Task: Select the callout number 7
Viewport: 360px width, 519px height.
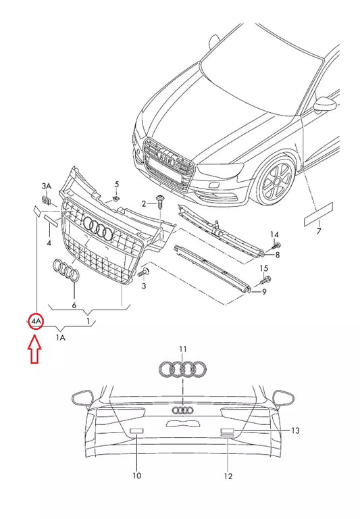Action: click(319, 232)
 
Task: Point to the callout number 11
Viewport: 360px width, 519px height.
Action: click(182, 348)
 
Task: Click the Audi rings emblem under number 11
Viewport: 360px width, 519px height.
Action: click(182, 369)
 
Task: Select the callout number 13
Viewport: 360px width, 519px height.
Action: click(295, 430)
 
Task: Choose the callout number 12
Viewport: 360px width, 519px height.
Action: click(228, 476)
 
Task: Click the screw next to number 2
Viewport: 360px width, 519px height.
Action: click(161, 201)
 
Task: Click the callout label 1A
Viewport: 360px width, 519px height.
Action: click(61, 337)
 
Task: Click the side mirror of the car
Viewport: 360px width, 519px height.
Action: click(328, 103)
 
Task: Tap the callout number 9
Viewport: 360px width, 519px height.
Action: click(265, 291)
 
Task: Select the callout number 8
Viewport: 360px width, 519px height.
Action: click(276, 255)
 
